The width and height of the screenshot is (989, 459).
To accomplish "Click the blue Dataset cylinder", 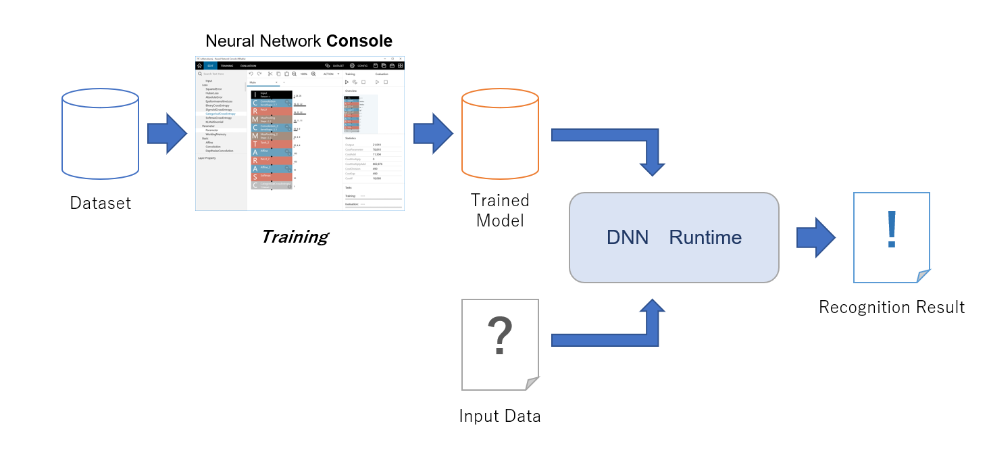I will click(100, 135).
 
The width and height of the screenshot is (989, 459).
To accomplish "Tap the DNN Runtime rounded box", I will click(674, 237).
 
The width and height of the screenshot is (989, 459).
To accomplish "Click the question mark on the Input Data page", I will click(500, 336).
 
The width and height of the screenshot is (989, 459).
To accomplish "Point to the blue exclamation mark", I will click(892, 229).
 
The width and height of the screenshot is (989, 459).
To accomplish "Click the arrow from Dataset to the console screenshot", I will click(166, 133).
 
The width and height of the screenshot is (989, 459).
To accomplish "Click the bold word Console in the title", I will click(359, 41).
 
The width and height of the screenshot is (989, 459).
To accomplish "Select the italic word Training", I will click(295, 237).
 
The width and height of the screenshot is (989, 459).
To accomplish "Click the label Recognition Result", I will click(892, 308).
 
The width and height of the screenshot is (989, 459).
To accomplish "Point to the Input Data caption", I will click(500, 416).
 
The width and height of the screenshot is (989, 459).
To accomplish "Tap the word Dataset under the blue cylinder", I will click(100, 202).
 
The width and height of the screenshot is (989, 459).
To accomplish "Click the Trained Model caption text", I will click(500, 210).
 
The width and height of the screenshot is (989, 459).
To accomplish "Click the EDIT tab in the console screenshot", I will click(209, 66).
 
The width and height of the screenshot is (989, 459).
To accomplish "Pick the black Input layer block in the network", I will click(272, 95).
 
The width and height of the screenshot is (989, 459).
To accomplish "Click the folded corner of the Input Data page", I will click(533, 383).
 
